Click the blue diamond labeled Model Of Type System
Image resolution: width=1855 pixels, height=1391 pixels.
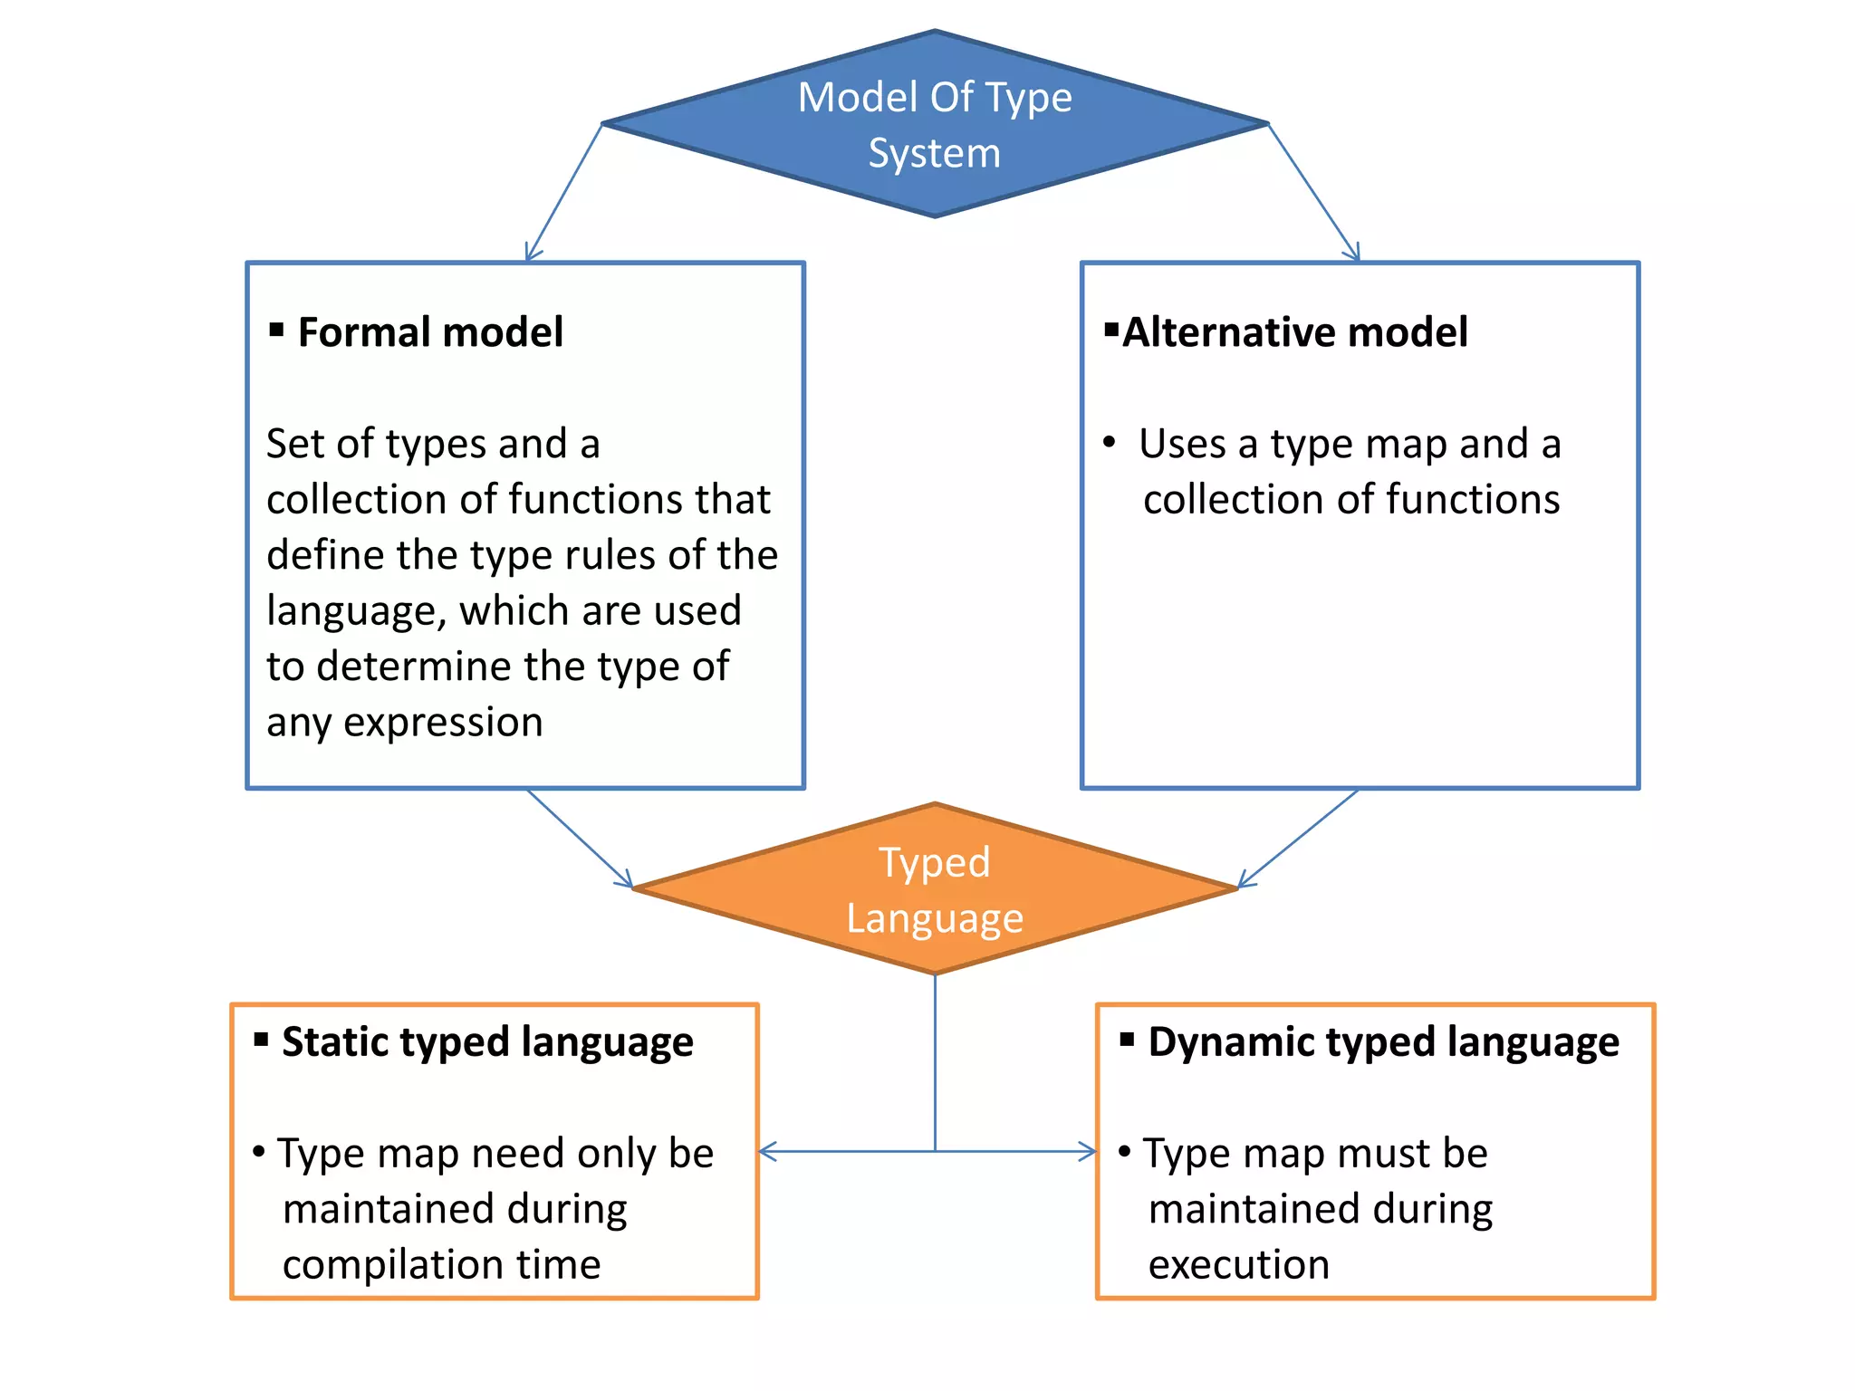(935, 124)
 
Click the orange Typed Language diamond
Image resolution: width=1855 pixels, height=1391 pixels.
(935, 889)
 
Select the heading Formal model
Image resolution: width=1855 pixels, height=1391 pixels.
(429, 331)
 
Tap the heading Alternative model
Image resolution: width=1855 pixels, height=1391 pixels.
(1294, 331)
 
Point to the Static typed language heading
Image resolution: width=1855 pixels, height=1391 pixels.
(486, 1041)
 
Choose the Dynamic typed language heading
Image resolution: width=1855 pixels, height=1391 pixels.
(1383, 1041)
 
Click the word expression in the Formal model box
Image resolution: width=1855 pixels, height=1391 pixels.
(443, 723)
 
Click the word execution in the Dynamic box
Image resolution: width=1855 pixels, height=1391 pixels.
(1238, 1264)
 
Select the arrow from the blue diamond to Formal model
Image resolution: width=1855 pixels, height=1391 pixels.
(564, 192)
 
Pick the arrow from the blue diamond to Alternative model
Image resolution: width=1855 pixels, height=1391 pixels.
(1313, 192)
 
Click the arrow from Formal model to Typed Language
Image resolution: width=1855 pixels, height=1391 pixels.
(580, 839)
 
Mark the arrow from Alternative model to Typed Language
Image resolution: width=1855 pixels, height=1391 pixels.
(1298, 839)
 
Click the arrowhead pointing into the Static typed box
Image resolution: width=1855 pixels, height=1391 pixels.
(768, 1152)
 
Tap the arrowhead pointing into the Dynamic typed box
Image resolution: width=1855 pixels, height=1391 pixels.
(1087, 1152)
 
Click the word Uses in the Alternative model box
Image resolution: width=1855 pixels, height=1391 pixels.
(1182, 444)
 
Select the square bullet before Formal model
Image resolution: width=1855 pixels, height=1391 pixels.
(276, 330)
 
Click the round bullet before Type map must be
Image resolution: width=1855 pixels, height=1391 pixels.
(1124, 1152)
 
